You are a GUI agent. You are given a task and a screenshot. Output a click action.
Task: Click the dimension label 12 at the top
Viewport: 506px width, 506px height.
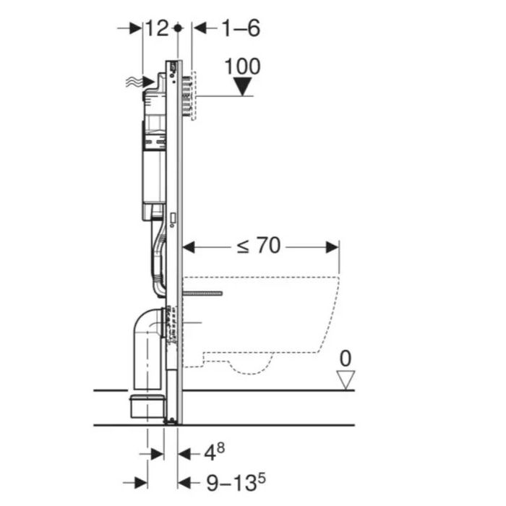157,28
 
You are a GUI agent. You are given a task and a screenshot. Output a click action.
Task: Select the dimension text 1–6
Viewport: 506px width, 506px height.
241,28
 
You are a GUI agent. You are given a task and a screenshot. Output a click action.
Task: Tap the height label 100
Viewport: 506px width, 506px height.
242,67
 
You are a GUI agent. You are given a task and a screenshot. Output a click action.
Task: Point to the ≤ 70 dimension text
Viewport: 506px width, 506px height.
259,246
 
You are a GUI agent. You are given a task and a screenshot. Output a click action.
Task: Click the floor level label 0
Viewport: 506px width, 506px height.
346,359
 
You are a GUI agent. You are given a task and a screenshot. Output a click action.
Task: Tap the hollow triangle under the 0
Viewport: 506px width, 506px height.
346,379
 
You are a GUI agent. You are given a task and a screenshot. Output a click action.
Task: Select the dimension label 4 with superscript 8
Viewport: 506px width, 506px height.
215,452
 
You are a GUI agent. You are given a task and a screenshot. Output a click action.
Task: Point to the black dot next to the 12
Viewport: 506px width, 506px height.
178,28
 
